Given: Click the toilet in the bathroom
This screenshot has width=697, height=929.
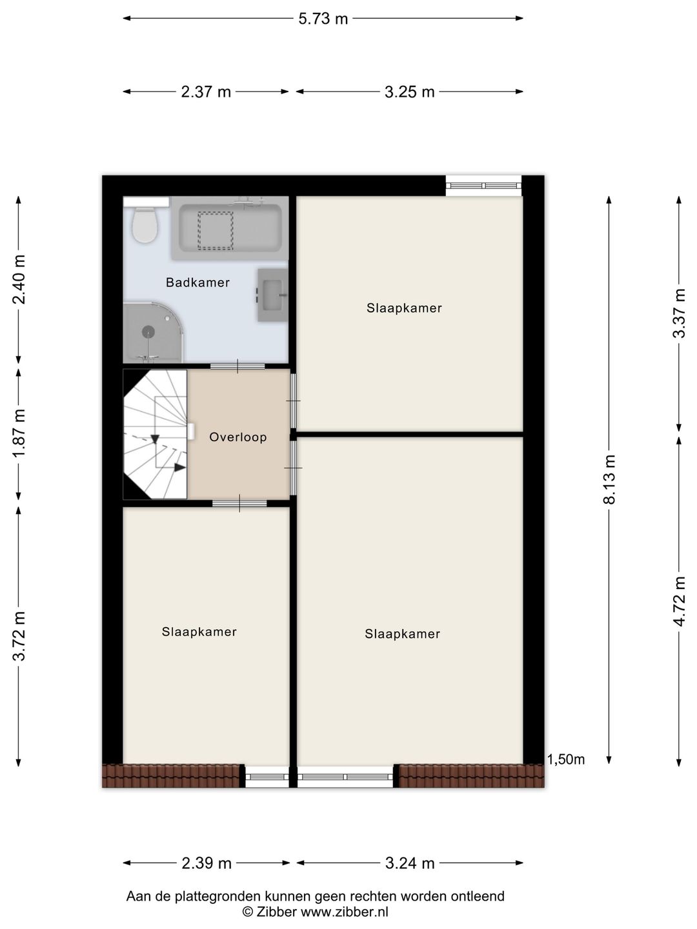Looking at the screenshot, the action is pos(145,225).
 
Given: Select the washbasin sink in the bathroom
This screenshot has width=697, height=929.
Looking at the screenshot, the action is pos(272,295).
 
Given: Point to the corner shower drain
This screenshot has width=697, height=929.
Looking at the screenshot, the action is pos(148,331).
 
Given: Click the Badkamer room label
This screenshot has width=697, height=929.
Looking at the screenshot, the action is pos(197,283).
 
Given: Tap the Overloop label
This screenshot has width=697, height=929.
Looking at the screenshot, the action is pos(238,437).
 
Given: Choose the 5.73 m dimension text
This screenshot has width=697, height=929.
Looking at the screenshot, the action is pos(323,19).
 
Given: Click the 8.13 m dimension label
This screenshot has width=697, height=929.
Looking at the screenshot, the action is pos(609,479).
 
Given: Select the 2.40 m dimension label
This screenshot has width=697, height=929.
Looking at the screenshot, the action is pos(19,280).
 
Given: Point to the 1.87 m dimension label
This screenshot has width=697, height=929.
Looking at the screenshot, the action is pos(19,434).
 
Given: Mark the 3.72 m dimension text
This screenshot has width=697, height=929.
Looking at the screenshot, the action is pos(19,636).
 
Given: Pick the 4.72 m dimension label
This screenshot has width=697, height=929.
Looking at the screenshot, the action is pos(679,601).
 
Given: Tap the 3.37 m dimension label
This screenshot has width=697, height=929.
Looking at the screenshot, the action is pos(679,313).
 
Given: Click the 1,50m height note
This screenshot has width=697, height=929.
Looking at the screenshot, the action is pos(566,760).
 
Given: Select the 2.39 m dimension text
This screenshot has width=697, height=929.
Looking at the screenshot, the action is pos(207,863).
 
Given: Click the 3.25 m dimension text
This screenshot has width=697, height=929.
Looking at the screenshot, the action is pos(410,92).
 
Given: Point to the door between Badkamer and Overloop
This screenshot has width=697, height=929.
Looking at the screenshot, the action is pos(237,366).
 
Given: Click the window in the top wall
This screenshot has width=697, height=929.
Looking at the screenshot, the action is pos(483,185).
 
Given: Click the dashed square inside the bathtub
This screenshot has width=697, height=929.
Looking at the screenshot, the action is pos(216,231).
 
